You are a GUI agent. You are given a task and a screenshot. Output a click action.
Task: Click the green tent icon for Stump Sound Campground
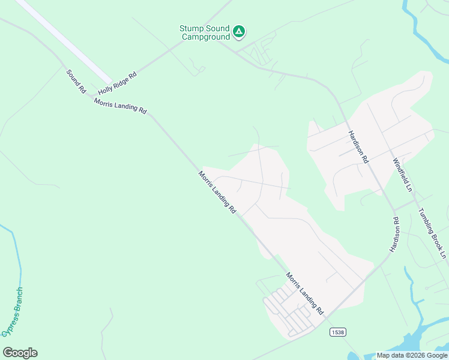point(239,31)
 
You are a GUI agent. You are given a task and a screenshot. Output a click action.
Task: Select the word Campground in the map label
point(206,37)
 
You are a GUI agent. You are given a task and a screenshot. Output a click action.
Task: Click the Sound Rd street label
point(76,81)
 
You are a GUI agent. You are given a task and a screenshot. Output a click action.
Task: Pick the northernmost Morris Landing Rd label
point(120,106)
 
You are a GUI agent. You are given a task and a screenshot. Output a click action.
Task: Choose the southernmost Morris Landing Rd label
point(305,294)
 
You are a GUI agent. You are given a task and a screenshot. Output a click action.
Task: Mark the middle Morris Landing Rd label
point(217,193)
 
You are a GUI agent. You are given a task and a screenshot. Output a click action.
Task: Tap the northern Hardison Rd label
point(358,148)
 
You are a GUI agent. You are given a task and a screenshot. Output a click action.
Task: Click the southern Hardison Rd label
point(394,235)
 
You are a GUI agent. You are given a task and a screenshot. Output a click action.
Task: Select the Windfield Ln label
point(403,175)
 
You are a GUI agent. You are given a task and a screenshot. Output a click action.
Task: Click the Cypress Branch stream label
point(13,311)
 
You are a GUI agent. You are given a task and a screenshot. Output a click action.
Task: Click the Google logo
point(20,353)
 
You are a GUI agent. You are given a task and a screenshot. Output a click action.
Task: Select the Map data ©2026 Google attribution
point(412,355)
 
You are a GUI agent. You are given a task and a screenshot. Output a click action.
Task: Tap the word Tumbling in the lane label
point(428,225)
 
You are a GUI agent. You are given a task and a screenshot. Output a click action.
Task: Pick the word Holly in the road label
point(106,89)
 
